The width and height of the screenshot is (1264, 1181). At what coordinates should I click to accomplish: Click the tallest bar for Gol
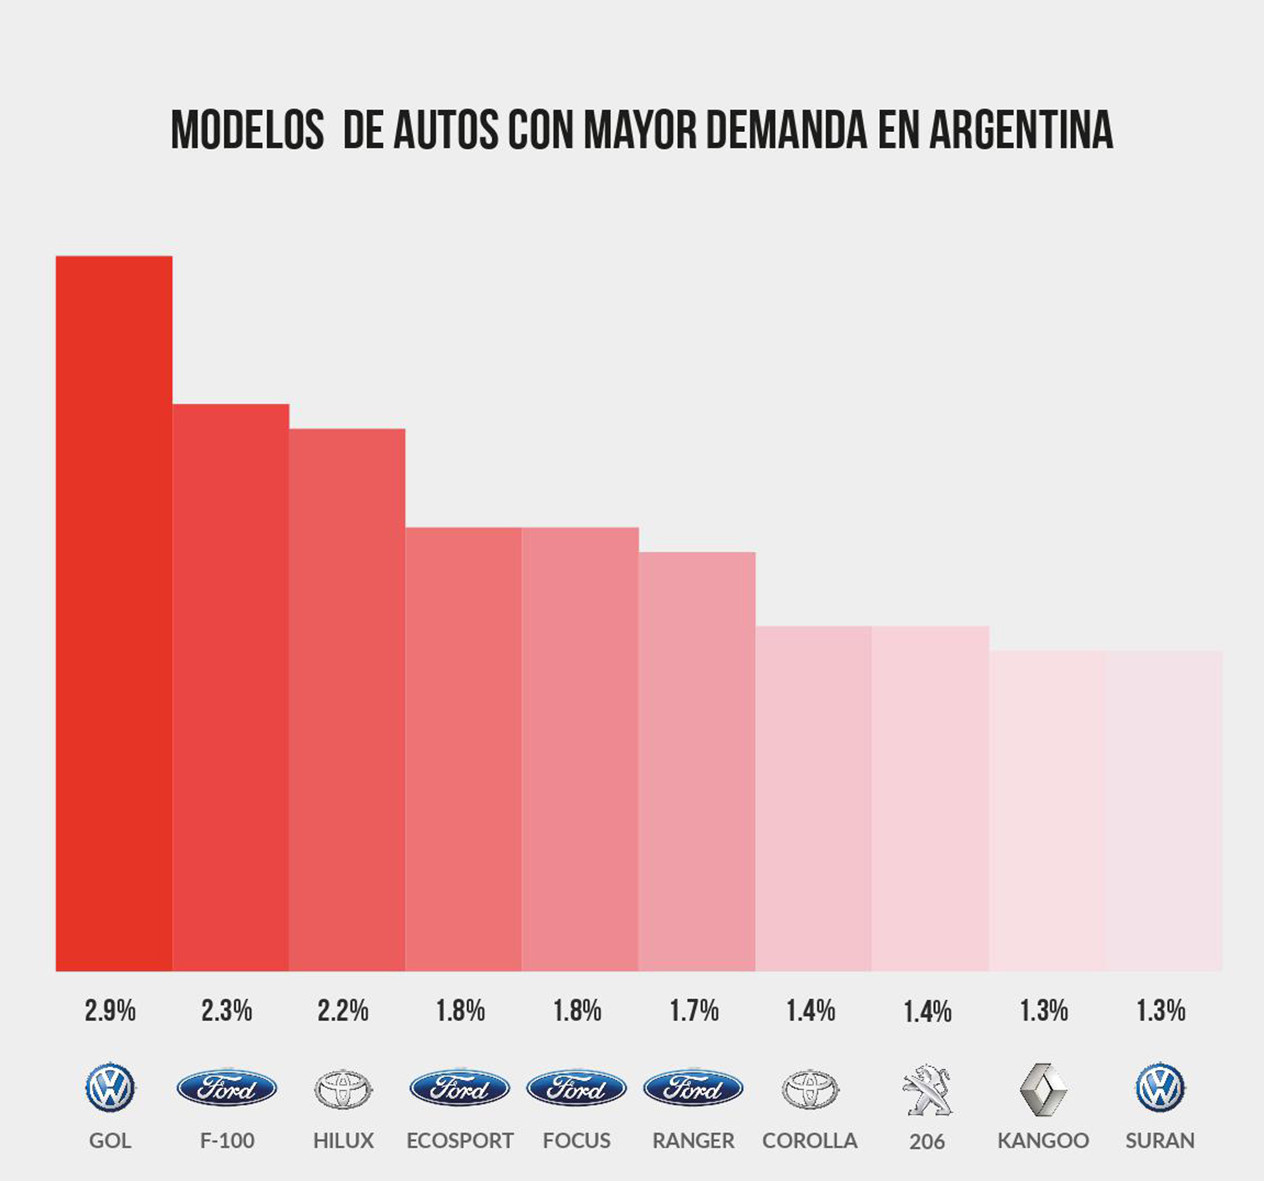pyautogui.click(x=114, y=613)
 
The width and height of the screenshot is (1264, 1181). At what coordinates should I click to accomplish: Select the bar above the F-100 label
pyautogui.click(x=230, y=687)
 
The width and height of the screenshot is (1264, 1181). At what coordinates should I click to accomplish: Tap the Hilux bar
pyautogui.click(x=347, y=699)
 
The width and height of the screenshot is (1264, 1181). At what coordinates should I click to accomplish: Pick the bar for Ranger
pyautogui.click(x=697, y=761)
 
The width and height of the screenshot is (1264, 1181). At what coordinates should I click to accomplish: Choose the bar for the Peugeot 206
pyautogui.click(x=930, y=798)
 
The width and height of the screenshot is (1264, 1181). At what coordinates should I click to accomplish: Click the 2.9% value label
pyautogui.click(x=110, y=1011)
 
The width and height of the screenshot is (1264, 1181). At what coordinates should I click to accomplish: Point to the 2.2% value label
pyautogui.click(x=343, y=1011)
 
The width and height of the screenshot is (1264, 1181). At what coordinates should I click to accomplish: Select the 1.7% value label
pyautogui.click(x=694, y=1011)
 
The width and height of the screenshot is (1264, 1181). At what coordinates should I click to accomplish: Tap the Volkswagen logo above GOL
pyautogui.click(x=110, y=1088)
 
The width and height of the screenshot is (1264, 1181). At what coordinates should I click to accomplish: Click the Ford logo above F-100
pyautogui.click(x=226, y=1088)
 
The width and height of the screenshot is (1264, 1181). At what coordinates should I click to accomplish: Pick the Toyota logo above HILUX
pyautogui.click(x=343, y=1089)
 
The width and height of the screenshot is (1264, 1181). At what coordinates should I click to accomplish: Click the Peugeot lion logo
pyautogui.click(x=927, y=1089)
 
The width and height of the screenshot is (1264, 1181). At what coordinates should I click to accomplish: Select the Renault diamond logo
pyautogui.click(x=1043, y=1089)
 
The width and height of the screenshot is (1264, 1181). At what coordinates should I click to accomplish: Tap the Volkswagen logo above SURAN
pyautogui.click(x=1160, y=1088)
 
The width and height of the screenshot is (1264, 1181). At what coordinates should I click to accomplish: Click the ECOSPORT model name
pyautogui.click(x=460, y=1140)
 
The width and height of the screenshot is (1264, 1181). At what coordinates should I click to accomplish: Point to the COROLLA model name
pyautogui.click(x=810, y=1140)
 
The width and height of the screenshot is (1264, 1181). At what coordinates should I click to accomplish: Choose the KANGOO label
pyautogui.click(x=1043, y=1140)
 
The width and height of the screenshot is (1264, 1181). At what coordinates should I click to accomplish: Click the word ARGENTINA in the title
pyautogui.click(x=1021, y=131)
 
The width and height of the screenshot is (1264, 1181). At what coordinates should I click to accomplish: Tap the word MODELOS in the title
pyautogui.click(x=248, y=131)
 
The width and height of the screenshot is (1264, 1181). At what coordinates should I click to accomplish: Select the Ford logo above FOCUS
pyautogui.click(x=576, y=1088)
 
